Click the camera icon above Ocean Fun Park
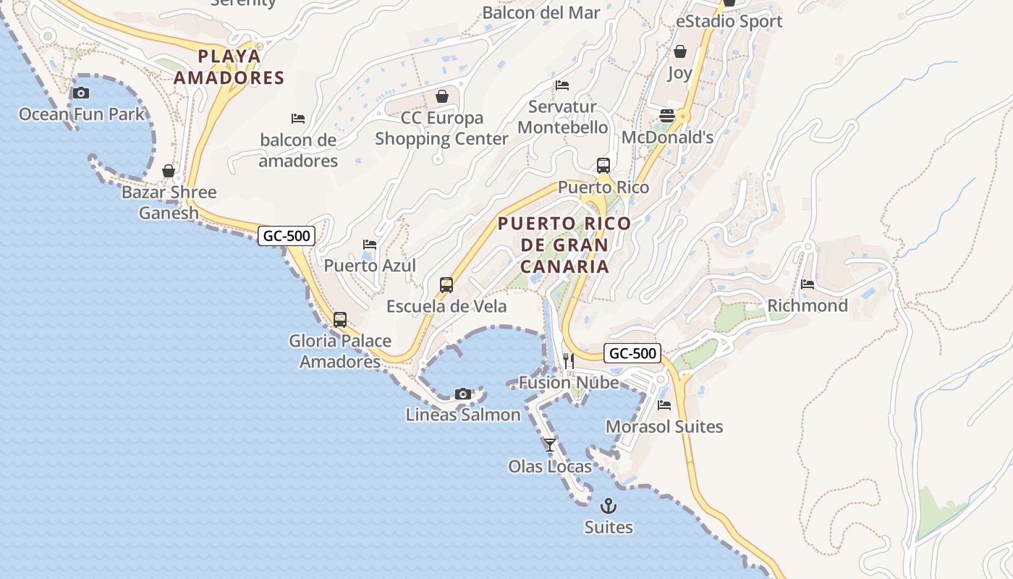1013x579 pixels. [81, 93]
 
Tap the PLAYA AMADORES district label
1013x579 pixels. [229, 67]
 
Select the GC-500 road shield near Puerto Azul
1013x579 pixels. [287, 235]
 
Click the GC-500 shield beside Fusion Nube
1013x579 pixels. [632, 353]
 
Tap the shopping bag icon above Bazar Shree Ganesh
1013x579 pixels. [169, 171]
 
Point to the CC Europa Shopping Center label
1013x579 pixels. [441, 128]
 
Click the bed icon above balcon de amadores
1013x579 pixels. [297, 118]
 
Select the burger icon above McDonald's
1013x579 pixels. [667, 116]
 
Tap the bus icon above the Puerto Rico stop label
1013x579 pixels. [603, 166]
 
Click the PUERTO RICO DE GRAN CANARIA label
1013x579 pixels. [564, 245]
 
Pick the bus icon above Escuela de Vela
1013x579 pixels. [446, 285]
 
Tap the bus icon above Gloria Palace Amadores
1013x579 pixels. [340, 319]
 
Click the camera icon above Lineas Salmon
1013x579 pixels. [463, 394]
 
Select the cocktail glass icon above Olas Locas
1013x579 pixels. [550, 444]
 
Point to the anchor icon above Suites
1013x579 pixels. [609, 505]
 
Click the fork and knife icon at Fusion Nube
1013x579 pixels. [568, 360]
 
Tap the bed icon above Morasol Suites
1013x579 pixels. [664, 405]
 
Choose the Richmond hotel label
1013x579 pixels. [808, 305]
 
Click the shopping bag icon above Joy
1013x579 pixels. [679, 51]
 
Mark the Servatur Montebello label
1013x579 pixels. [563, 117]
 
